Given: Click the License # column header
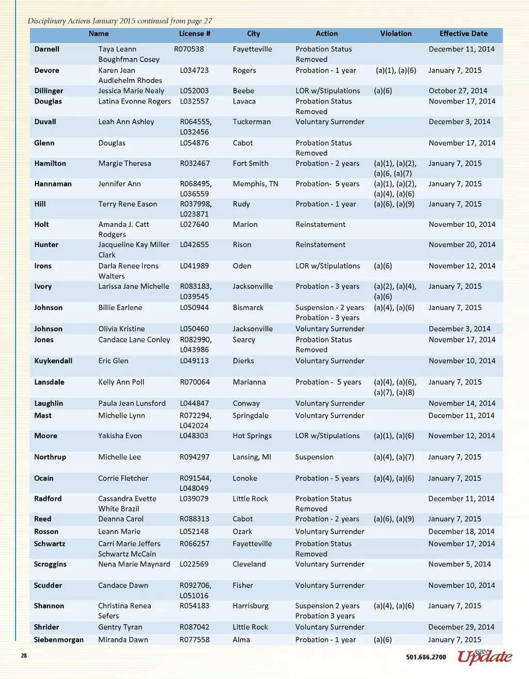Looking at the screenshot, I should pyautogui.click(x=194, y=34).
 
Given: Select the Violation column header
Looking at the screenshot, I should pyautogui.click(x=396, y=34).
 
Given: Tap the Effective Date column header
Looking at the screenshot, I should pyautogui.click(x=463, y=34).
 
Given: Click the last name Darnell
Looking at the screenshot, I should pyautogui.click(x=47, y=49).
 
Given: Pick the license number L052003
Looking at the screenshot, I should pyautogui.click(x=194, y=91).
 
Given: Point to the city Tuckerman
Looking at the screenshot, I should pyautogui.click(x=252, y=122).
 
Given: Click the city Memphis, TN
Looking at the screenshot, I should pyautogui.click(x=255, y=184).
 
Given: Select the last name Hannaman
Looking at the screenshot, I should pyautogui.click(x=53, y=184).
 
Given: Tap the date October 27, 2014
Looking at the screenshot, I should pyautogui.click(x=458, y=91).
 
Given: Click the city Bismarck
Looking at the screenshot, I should pyautogui.click(x=248, y=307).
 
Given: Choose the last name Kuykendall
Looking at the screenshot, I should pyautogui.click(x=53, y=361).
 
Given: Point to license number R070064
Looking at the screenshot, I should pyautogui.click(x=195, y=382).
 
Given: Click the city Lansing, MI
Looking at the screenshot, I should pyautogui.click(x=252, y=457).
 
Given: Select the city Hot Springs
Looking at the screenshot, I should pyautogui.click(x=252, y=436).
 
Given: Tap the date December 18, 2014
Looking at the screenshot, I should pyautogui.click(x=461, y=532).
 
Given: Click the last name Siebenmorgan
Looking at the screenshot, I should pyautogui.click(x=59, y=640).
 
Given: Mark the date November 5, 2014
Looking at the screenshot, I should pyautogui.click(x=459, y=564).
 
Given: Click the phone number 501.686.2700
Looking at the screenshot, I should pyautogui.click(x=426, y=657).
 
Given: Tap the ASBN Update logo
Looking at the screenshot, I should pyautogui.click(x=485, y=657).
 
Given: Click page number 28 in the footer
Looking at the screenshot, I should pyautogui.click(x=24, y=656).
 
